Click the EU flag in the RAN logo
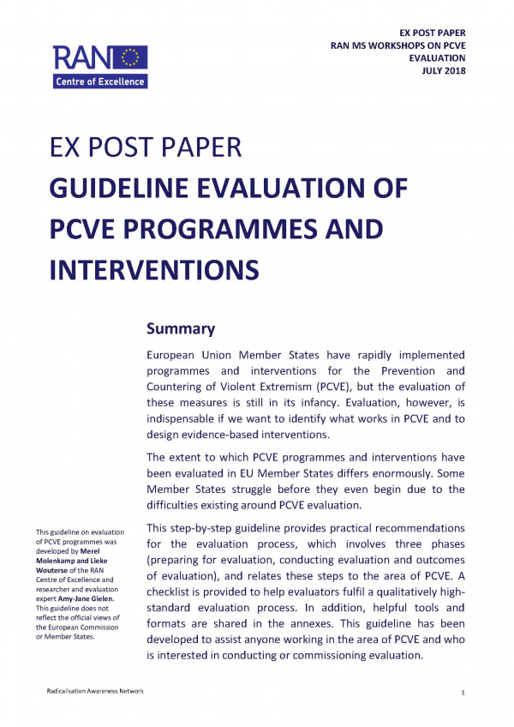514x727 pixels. [x=131, y=57]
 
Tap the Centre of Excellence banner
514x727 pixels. [x=101, y=81]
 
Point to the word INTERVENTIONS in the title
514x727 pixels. [x=155, y=269]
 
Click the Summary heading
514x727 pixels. [x=180, y=328]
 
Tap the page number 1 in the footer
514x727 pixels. [x=463, y=691]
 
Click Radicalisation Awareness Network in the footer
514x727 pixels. [x=95, y=691]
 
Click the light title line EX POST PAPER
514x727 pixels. [x=146, y=147]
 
